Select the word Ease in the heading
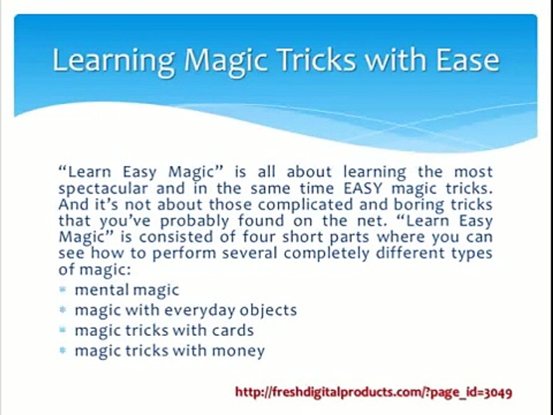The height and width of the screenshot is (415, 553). coord(468,60)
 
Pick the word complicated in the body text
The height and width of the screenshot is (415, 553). coord(305,204)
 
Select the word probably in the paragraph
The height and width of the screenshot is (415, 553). coord(195,221)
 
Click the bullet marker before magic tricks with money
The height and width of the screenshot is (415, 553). coord(63,350)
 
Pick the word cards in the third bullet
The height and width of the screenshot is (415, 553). coord(233,330)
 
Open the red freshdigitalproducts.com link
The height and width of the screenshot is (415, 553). coord(374,392)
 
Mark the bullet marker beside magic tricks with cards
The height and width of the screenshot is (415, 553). coord(63,330)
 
